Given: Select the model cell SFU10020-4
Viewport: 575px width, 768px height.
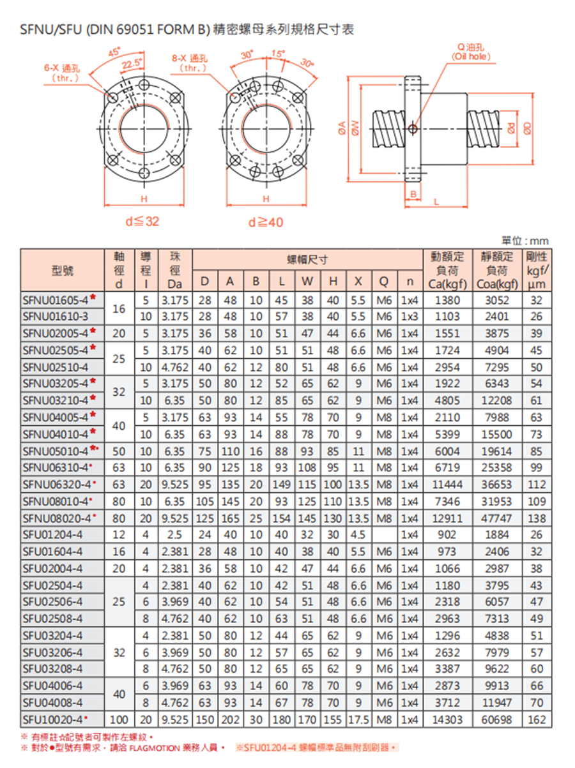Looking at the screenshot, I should click(x=55, y=719).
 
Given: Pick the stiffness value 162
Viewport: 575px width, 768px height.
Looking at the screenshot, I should click(x=537, y=719).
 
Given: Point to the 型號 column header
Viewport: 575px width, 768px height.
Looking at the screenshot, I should click(x=62, y=271).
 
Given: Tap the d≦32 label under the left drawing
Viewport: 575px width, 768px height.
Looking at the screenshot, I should click(x=142, y=222).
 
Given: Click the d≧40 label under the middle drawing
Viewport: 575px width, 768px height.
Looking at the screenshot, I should click(x=266, y=222).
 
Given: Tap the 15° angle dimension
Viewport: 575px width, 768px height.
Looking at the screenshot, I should click(x=277, y=53).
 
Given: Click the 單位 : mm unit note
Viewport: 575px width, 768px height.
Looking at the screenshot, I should click(x=525, y=241).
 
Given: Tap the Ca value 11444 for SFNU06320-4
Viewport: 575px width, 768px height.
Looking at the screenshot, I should click(x=447, y=485).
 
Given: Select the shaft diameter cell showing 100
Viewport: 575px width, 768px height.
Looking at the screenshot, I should click(x=118, y=719).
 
